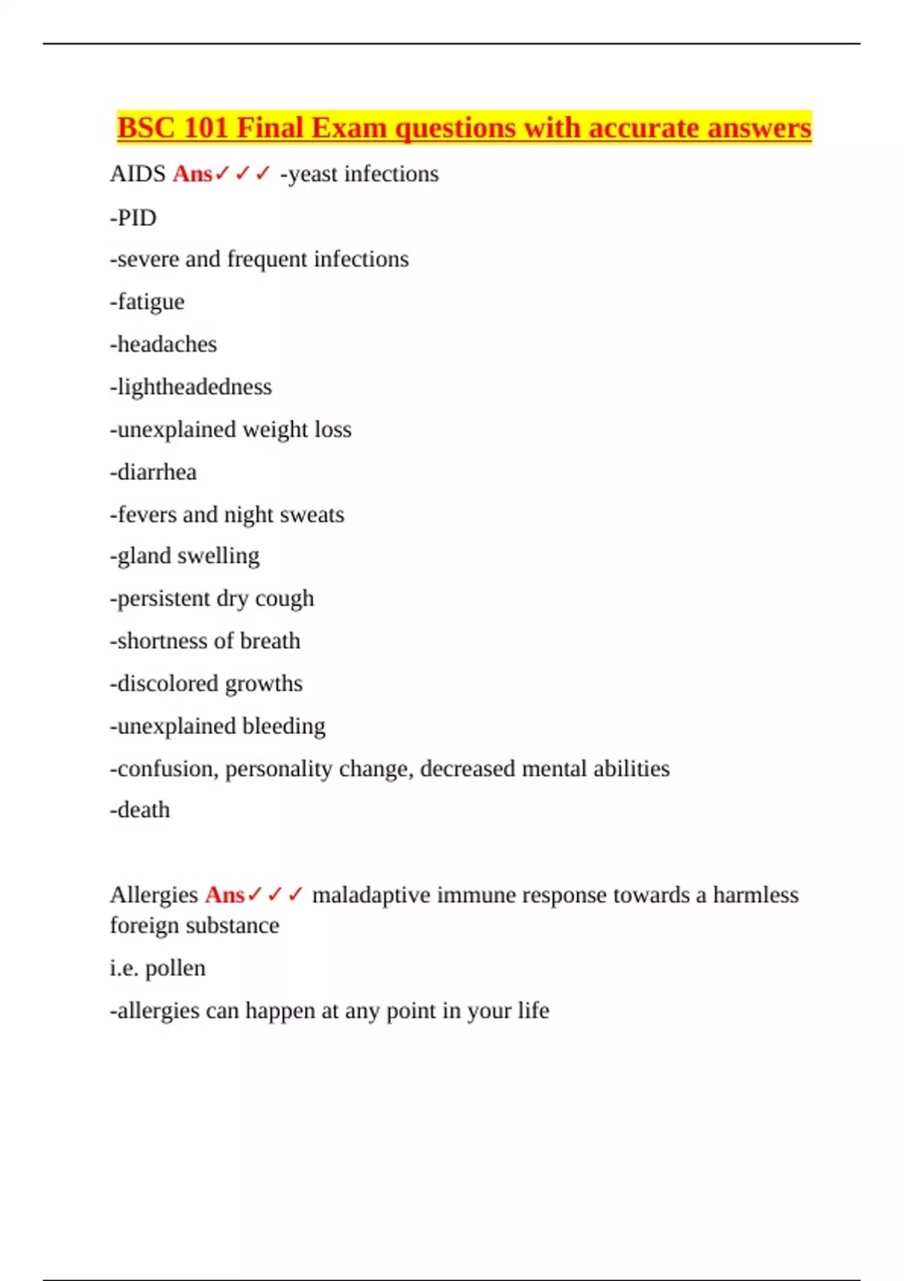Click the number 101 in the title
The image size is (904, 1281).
tap(206, 128)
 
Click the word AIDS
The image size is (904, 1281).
tap(138, 174)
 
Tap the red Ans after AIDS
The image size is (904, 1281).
tap(193, 174)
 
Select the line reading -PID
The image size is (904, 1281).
tap(133, 218)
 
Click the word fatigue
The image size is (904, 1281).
tap(151, 302)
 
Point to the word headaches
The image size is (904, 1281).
tap(166, 344)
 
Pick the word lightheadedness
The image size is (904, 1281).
tap(194, 387)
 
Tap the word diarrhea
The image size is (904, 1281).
tap(157, 472)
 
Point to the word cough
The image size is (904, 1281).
tap(284, 599)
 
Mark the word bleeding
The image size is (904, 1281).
tap(283, 726)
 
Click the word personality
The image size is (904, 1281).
tap(279, 769)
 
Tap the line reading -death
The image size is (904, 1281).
tap(140, 810)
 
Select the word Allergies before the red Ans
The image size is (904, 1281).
tap(154, 895)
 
